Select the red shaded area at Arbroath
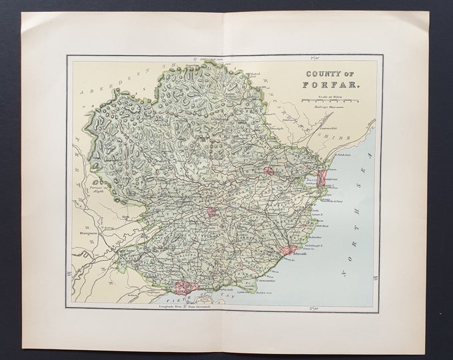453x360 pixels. [x=287, y=251]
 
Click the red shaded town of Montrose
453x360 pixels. [x=322, y=178]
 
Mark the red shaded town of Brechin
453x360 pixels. [x=270, y=171]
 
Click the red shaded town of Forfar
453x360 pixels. [x=212, y=212]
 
